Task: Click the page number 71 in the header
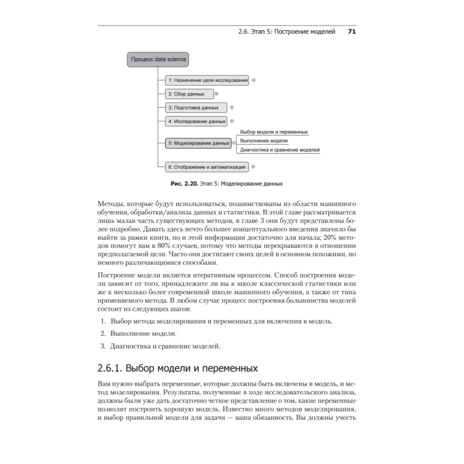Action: (x=351, y=32)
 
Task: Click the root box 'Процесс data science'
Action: (x=159, y=59)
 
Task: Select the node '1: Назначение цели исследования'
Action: (x=207, y=80)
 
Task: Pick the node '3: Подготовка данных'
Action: (x=196, y=108)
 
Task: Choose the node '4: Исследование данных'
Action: (x=196, y=122)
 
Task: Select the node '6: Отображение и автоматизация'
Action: (x=207, y=166)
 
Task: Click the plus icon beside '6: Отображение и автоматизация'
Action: (x=253, y=166)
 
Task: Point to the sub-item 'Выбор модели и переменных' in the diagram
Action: (x=274, y=132)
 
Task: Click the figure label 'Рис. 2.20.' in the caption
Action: (x=184, y=184)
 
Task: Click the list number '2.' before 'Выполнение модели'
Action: (x=103, y=334)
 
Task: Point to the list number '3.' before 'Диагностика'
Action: (x=103, y=346)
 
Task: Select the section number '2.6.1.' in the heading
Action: (x=110, y=369)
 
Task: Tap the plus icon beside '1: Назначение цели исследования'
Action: (x=253, y=80)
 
